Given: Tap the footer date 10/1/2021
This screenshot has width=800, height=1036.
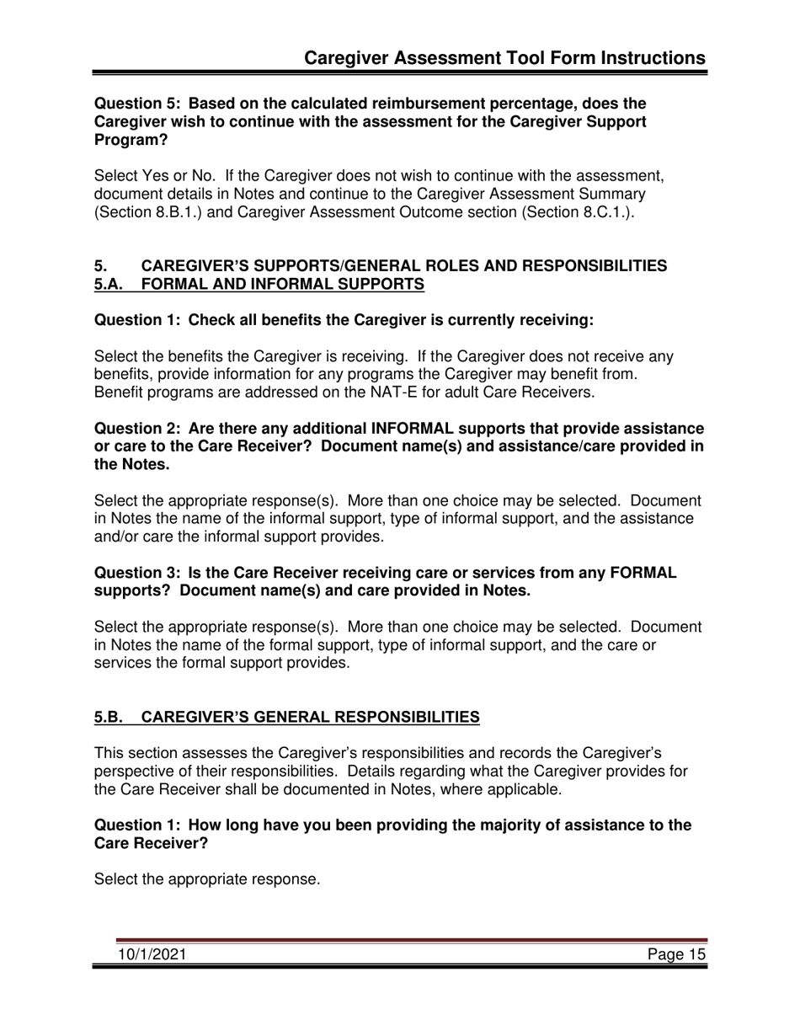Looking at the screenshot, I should pyautogui.click(x=152, y=953).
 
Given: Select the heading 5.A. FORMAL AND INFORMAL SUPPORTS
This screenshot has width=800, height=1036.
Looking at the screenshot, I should pyautogui.click(x=259, y=285).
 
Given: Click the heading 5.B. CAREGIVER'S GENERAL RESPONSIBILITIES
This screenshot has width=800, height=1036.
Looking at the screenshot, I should pyautogui.click(x=287, y=717).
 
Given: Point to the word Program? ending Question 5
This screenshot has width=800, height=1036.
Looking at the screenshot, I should pyautogui.click(x=131, y=141).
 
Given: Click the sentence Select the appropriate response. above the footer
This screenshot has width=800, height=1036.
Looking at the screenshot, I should pyautogui.click(x=207, y=879).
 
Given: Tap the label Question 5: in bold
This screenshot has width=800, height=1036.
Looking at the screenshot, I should pyautogui.click(x=136, y=104).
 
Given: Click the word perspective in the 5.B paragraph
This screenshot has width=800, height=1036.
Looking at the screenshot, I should pyautogui.click(x=135, y=771).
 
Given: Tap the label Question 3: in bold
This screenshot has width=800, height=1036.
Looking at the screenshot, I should pyautogui.click(x=136, y=573).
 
